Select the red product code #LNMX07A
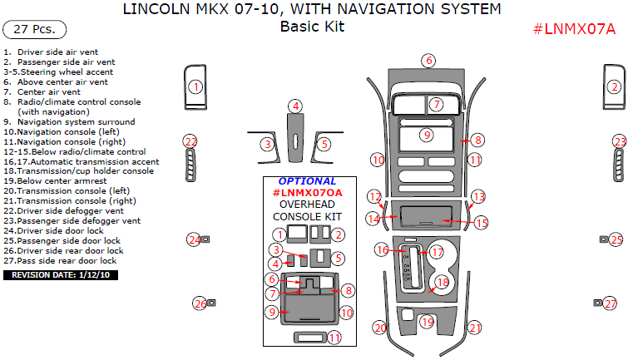(574, 30)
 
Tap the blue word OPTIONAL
(308, 181)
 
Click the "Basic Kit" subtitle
(312, 27)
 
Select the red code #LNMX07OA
(308, 193)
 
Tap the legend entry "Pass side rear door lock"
(64, 260)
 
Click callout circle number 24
(194, 239)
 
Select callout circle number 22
(190, 141)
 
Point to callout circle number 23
(620, 141)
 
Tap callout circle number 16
(382, 249)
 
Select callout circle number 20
(379, 328)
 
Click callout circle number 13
(477, 196)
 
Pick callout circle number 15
(481, 223)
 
